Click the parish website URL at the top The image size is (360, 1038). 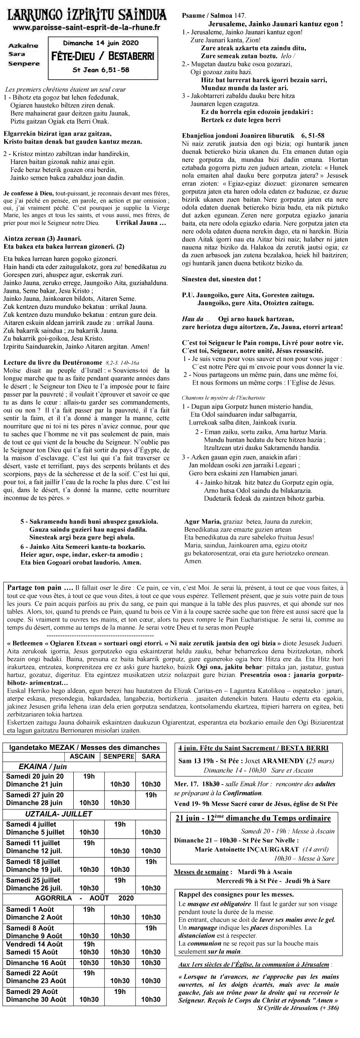click(x=86, y=28)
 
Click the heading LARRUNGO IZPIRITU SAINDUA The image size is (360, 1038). click(x=87, y=16)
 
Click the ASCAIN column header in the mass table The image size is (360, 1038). click(x=82, y=756)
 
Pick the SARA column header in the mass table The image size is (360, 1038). click(x=151, y=756)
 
